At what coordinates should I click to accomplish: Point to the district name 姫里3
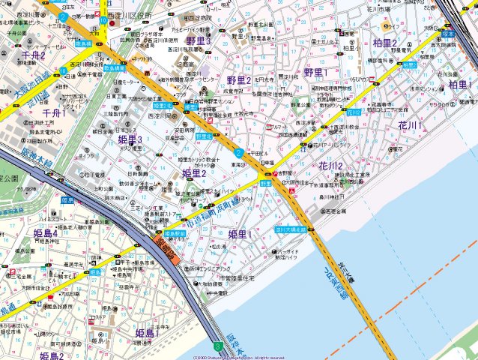(130, 140)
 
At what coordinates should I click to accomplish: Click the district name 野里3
(197, 40)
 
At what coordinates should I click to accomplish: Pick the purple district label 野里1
(320, 72)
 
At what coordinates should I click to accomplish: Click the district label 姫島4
(45, 234)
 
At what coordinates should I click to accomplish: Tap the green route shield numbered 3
(217, 346)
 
